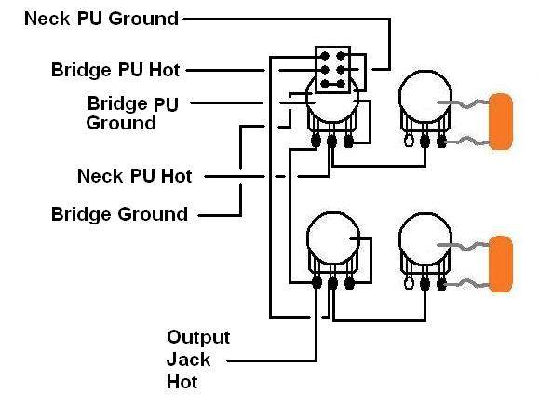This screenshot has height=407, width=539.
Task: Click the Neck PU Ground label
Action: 101,19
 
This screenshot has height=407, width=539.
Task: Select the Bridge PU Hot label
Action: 115,70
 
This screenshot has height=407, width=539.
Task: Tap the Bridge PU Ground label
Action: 132,114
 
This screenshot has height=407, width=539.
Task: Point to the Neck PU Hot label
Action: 134,176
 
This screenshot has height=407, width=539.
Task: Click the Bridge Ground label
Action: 119,214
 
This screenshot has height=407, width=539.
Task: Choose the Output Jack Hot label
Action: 198,360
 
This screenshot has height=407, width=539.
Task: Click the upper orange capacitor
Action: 501,121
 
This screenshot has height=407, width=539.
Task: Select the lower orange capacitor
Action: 501,265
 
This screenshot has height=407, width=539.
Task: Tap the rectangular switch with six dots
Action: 332,70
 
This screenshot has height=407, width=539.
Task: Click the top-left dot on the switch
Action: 325,56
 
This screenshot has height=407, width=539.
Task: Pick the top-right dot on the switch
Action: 341,56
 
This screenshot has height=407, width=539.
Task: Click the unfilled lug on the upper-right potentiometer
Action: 409,141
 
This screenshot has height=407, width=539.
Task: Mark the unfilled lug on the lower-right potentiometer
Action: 409,283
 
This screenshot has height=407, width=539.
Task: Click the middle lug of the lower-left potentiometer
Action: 332,283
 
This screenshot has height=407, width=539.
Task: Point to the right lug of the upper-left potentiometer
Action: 348,141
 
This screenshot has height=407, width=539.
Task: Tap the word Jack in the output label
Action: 188,360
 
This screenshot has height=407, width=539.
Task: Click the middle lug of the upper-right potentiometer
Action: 424,141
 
